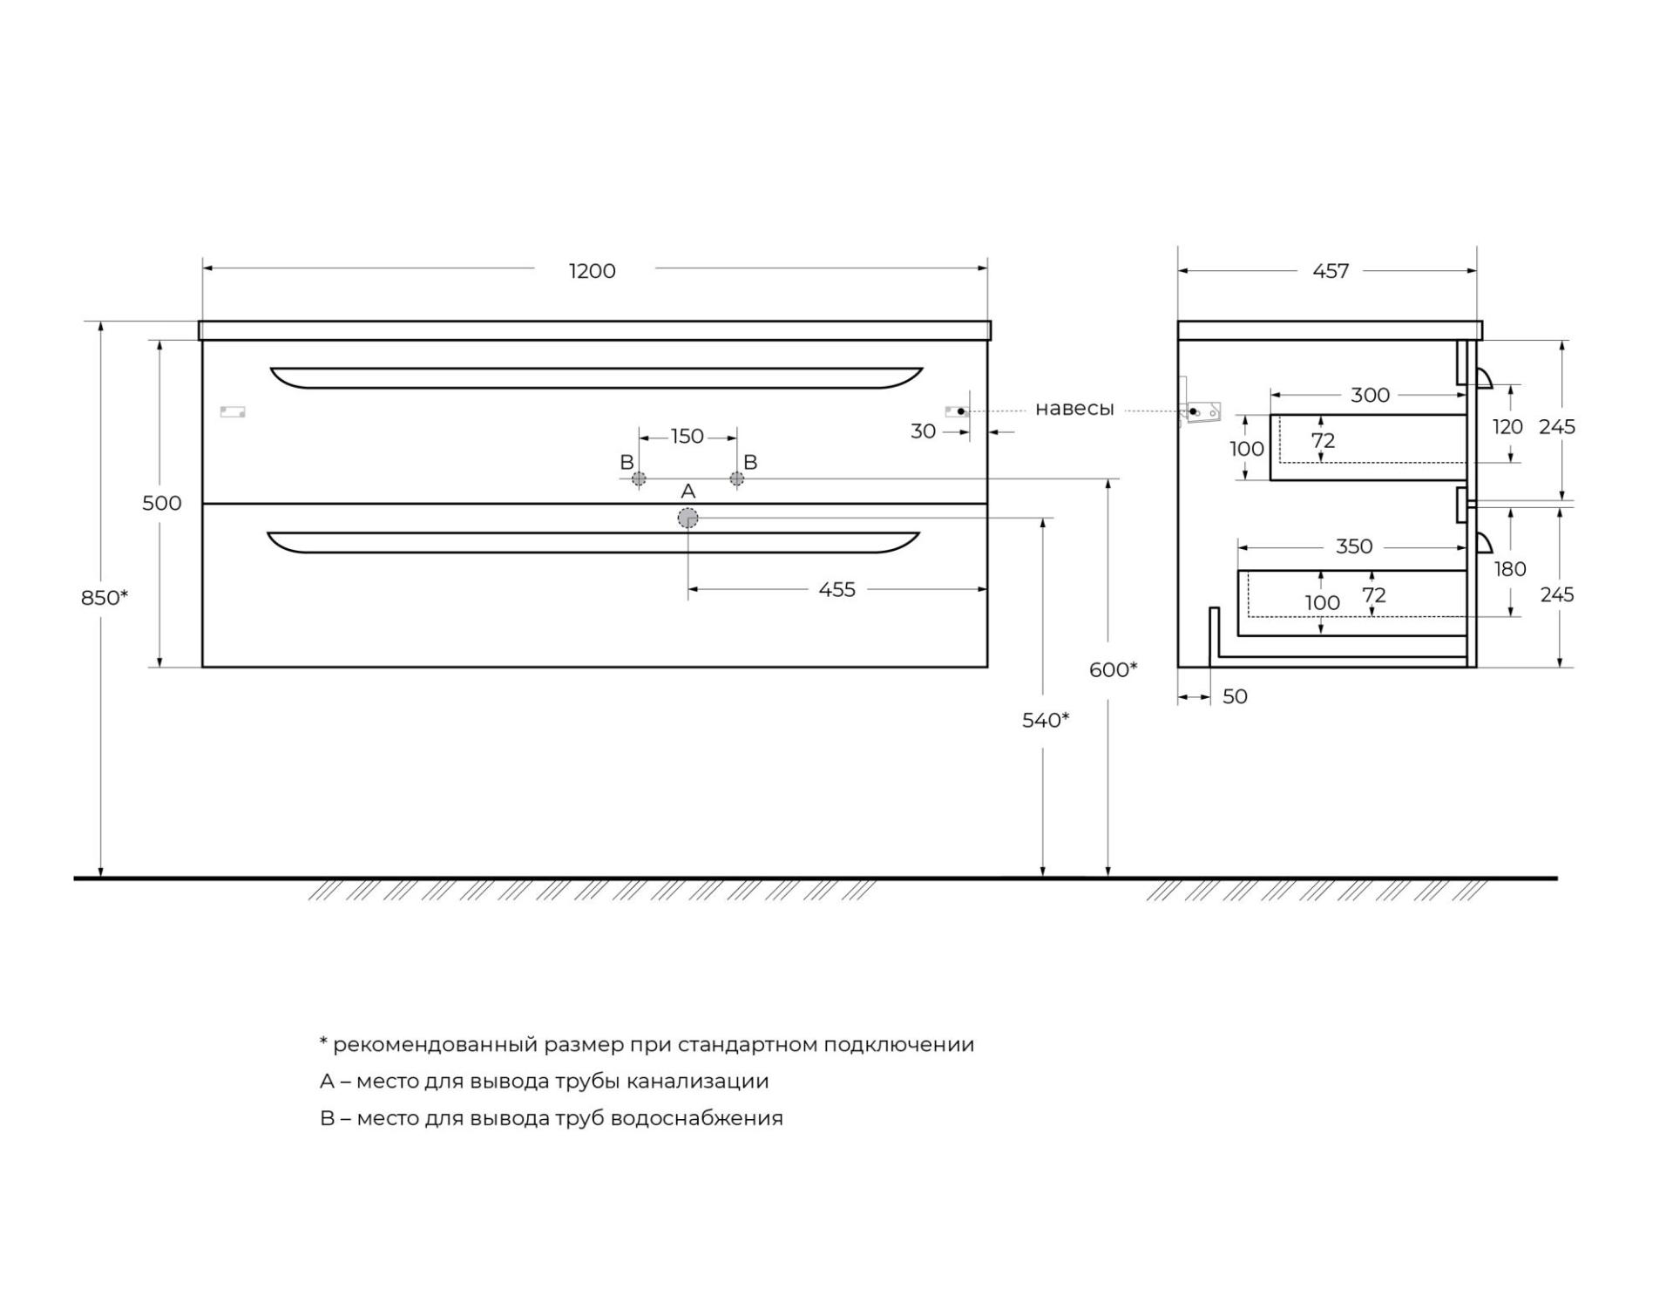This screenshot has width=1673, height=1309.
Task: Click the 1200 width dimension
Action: (593, 271)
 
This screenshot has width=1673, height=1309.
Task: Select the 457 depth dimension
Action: (1331, 271)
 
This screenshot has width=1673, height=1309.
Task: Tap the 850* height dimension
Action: (105, 597)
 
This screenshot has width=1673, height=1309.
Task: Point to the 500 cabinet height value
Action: (162, 503)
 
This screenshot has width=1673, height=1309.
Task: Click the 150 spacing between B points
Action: (687, 436)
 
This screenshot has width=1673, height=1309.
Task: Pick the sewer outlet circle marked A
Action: (687, 519)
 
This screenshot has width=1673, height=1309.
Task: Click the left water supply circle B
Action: (639, 478)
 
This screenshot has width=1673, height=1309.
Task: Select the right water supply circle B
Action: (737, 478)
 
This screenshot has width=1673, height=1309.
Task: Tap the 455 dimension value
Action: (836, 589)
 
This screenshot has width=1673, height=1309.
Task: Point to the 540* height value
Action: (1046, 720)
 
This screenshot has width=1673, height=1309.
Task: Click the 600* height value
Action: (1114, 669)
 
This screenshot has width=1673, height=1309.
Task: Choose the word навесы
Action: (1074, 409)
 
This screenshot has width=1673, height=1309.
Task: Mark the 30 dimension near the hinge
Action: (924, 431)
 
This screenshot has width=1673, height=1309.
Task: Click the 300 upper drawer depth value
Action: (1370, 395)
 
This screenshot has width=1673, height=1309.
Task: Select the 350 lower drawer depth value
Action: (1354, 546)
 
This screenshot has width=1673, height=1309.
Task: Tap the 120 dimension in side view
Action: (1507, 426)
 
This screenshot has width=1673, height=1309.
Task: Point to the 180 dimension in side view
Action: (1510, 569)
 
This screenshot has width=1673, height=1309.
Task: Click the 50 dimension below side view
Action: (1235, 696)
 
